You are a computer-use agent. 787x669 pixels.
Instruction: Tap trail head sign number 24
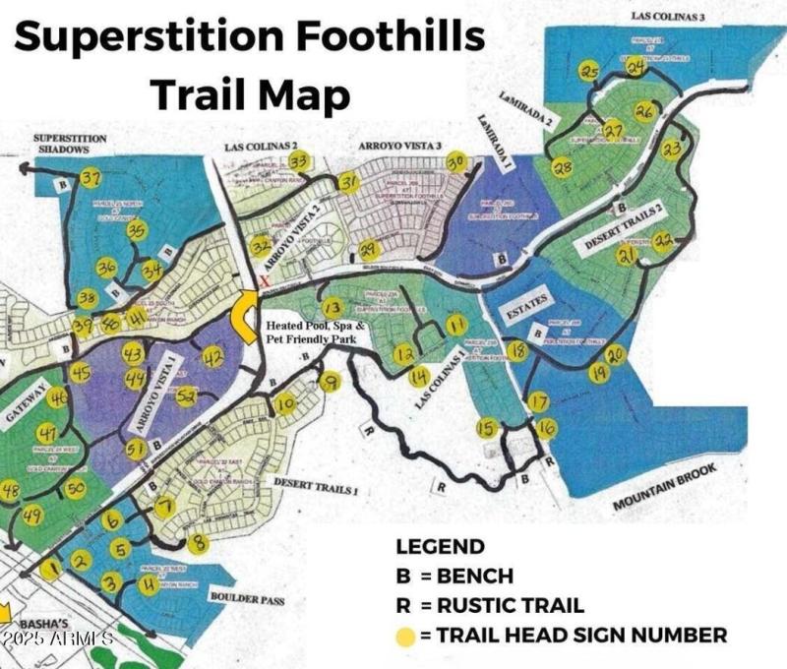point(636,67)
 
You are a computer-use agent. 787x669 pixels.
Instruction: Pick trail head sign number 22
point(664,241)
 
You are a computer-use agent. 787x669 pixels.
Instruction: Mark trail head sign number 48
point(12,492)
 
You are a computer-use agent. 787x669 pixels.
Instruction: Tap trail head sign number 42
point(212,359)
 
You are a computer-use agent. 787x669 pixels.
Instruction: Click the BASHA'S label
point(43,622)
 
